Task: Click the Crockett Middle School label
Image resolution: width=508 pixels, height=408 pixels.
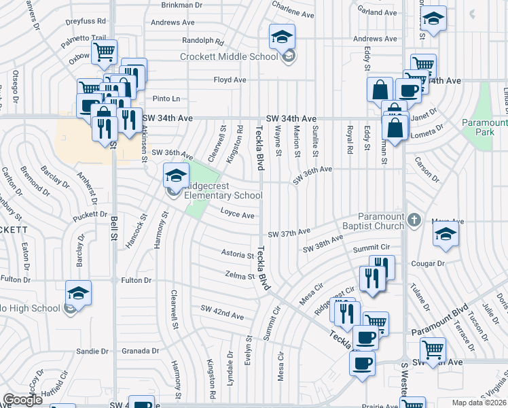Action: click(229, 56)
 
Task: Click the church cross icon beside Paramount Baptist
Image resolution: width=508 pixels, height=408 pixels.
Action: click(415, 220)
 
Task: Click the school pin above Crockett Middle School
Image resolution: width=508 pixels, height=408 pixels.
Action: click(283, 37)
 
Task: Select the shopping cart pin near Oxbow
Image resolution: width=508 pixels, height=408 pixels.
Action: click(104, 52)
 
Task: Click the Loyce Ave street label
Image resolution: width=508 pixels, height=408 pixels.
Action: click(238, 216)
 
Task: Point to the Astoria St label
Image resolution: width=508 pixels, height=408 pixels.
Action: click(237, 254)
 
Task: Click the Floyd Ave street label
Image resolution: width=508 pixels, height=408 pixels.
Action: click(230, 80)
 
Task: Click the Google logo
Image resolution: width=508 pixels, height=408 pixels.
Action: click(22, 400)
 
